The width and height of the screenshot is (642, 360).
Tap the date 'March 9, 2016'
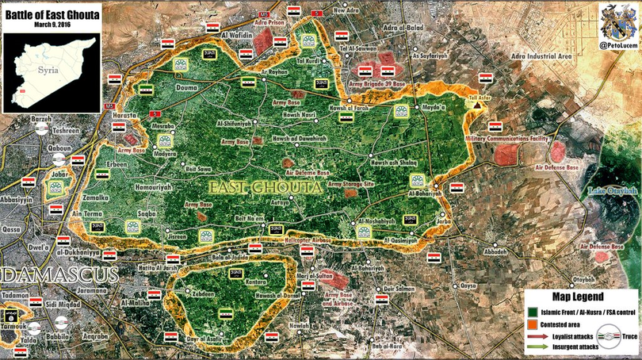tap(52, 23)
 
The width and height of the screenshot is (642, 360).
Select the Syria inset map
tap(52, 70)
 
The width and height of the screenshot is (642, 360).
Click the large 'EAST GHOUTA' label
tap(266, 188)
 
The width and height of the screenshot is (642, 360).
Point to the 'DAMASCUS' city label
tap(59, 276)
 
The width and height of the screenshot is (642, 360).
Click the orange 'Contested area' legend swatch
tap(531, 324)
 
